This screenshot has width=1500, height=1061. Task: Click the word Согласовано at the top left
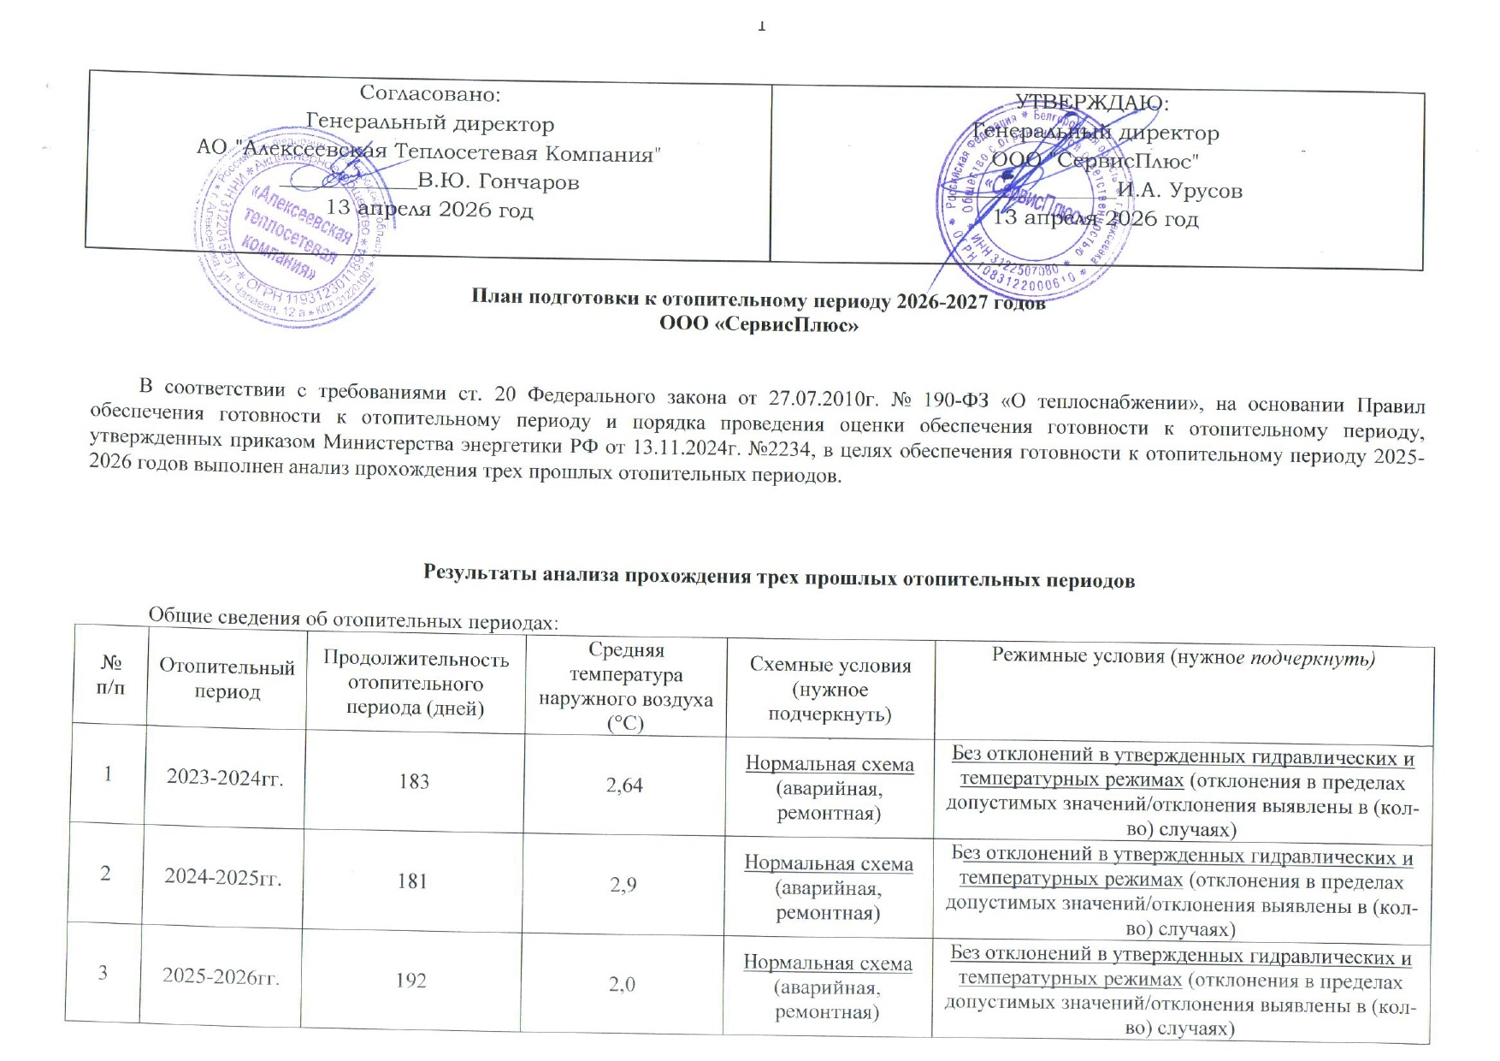[429, 93]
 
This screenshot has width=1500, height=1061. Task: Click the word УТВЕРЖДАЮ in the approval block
[1091, 103]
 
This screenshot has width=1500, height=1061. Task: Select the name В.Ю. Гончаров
[498, 182]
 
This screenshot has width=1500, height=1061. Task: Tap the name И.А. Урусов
[1179, 191]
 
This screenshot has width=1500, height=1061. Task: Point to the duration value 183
[414, 782]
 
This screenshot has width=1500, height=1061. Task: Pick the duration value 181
[412, 881]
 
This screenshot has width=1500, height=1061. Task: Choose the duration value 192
[411, 981]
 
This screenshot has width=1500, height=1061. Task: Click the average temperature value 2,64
[624, 785]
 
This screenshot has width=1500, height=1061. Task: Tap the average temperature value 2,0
[623, 985]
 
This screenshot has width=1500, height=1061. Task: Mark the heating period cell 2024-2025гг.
[223, 877]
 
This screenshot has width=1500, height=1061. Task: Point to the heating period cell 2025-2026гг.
[221, 976]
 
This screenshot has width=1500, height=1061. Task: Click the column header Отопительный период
[227, 679]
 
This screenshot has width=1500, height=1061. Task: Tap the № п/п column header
[111, 674]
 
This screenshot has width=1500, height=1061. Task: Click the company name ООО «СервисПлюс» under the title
[759, 325]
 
